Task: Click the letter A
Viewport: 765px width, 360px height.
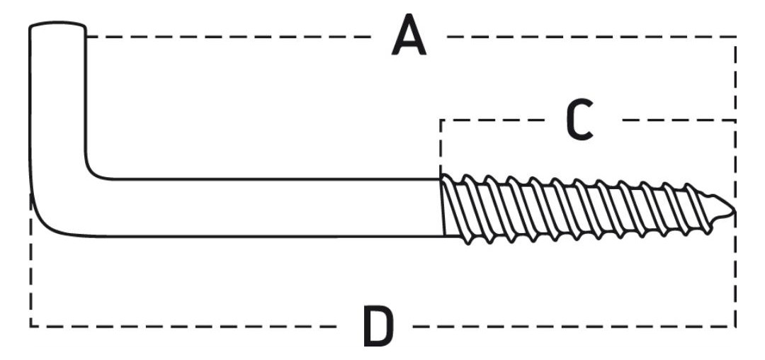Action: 409,35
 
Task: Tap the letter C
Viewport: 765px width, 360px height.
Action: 579,120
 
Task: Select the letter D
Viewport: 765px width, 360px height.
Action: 378,327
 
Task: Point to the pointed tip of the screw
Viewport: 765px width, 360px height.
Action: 733,210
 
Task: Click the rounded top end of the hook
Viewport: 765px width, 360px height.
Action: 57,24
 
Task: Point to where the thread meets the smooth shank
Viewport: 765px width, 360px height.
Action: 442,208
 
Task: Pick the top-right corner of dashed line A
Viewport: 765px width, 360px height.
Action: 735,37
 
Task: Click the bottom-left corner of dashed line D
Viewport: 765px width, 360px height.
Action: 30,326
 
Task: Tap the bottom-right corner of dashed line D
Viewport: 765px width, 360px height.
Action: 735,326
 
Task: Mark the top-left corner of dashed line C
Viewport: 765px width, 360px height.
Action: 441,120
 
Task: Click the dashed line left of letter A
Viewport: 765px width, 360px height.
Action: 228,37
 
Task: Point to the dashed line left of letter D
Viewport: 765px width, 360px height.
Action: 183,326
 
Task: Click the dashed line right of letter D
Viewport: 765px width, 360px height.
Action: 574,326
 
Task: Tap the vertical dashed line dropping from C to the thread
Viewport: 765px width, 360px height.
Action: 441,148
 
